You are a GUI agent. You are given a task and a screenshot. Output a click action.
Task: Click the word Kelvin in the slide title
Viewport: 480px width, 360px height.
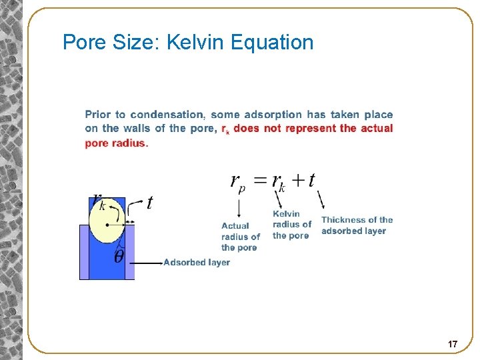tap(195, 43)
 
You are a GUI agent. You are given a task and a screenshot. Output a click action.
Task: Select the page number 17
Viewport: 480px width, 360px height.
tap(453, 344)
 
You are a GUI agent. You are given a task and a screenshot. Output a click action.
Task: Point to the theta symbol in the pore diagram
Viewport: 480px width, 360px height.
tap(119, 257)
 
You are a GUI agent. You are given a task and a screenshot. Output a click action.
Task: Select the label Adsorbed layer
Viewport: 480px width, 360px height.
tap(197, 263)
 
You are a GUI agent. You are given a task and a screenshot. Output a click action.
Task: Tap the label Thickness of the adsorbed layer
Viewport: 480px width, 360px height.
tap(357, 225)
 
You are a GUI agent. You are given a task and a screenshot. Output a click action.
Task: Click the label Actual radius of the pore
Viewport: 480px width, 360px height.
tap(240, 237)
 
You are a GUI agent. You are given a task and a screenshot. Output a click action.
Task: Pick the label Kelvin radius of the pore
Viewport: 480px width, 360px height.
tap(291, 225)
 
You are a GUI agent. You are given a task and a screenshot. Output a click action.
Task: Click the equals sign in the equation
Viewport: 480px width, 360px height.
tap(260, 180)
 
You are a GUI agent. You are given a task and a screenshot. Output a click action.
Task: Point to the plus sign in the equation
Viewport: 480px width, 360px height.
tap(297, 180)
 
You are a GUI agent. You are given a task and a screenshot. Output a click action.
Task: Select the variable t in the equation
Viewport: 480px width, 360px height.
tap(312, 180)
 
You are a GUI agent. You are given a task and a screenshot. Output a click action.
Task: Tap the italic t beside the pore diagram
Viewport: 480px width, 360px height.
tap(150, 203)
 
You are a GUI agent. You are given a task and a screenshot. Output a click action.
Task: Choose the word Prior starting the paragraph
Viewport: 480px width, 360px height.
tap(97, 115)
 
